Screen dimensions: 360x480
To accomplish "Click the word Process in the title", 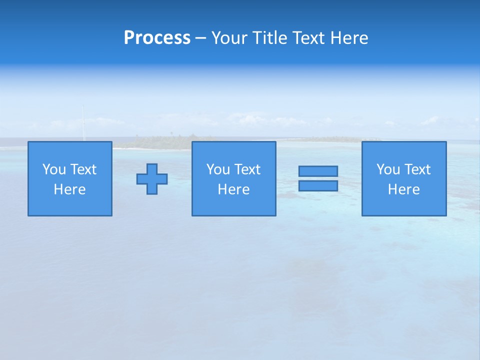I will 157,38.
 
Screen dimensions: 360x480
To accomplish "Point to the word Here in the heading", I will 349,38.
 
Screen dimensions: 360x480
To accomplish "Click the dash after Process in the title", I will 201,38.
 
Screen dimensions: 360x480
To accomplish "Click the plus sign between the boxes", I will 152,179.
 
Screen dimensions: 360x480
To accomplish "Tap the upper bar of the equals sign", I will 318,171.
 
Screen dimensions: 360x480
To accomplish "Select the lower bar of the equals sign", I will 318,185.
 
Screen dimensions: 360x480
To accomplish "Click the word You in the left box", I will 54,169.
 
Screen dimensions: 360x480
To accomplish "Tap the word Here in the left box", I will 69,189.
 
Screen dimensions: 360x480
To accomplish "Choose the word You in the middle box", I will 218,169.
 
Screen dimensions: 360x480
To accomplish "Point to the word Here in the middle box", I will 233,189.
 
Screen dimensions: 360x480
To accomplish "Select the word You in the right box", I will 388,169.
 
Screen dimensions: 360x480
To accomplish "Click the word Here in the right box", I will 403,189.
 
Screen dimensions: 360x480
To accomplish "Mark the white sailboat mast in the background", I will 83,122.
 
